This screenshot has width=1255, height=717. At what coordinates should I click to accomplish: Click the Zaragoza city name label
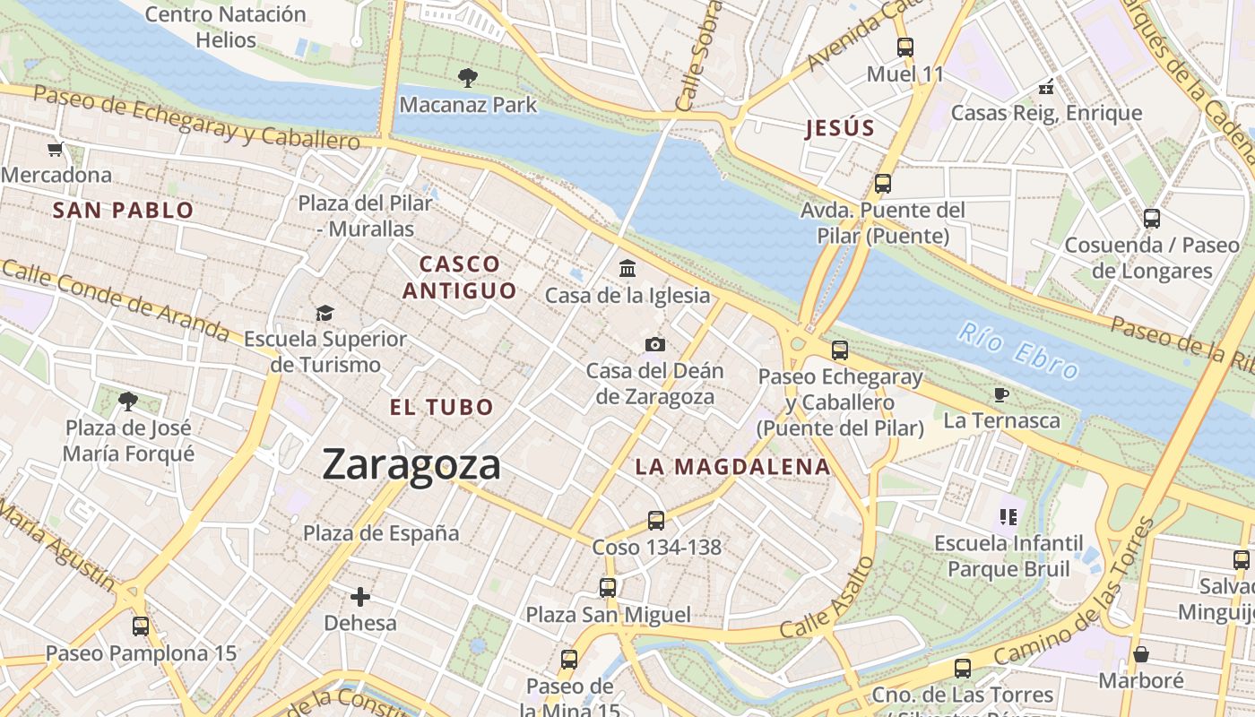(411, 465)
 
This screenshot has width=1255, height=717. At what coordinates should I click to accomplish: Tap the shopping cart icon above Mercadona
(56, 149)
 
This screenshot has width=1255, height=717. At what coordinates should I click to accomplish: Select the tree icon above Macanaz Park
(467, 78)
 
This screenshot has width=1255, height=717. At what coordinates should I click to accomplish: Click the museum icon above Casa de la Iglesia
(627, 268)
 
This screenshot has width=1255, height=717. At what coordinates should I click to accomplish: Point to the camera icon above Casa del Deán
(655, 344)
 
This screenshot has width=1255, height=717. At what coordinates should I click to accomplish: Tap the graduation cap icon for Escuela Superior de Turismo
(325, 313)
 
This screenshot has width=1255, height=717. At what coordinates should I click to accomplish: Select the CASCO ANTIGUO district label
(460, 277)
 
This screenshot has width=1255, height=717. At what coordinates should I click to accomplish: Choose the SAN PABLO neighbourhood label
(123, 211)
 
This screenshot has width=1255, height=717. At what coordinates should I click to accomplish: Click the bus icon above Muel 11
(905, 48)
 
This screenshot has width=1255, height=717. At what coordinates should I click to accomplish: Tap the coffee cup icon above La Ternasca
(1001, 394)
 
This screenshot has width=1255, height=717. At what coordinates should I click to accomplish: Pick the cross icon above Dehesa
(360, 596)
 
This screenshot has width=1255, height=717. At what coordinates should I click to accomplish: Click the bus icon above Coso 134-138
(656, 520)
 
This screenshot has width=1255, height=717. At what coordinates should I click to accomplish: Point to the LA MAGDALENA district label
(733, 467)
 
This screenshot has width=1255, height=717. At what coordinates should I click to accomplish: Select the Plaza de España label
(381, 533)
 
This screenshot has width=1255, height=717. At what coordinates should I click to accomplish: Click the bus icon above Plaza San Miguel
(608, 588)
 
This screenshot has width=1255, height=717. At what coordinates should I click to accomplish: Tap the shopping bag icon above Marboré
(1141, 654)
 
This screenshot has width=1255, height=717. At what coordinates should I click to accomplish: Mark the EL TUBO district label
(442, 407)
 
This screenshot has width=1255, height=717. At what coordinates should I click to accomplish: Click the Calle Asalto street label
(827, 597)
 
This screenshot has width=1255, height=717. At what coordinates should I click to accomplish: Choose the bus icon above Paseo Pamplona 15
(141, 626)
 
